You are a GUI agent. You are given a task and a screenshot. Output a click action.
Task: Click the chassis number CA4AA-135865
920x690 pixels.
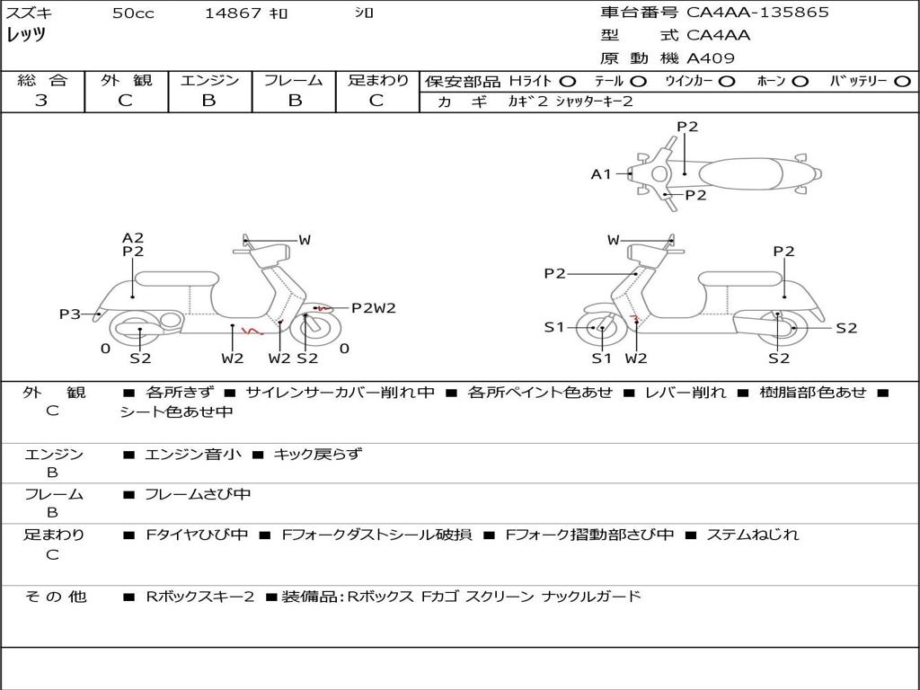757,13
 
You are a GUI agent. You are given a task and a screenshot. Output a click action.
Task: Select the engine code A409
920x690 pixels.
710,58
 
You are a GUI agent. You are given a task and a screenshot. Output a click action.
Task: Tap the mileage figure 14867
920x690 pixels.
233,13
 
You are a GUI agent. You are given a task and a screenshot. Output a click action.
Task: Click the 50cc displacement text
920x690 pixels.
133,13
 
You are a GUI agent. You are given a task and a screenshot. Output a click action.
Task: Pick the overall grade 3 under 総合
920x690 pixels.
41,100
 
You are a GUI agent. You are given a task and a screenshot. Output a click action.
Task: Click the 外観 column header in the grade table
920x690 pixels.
126,80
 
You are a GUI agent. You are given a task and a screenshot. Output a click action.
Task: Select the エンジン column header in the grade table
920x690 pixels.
209,80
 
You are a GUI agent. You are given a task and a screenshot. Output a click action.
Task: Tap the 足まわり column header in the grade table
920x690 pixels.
377,80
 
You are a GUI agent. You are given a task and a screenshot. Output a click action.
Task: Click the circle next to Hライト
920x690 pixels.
568,82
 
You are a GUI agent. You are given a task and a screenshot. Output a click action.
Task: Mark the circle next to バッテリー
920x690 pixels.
902,82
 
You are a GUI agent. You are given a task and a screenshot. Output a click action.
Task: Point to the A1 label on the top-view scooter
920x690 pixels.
601,174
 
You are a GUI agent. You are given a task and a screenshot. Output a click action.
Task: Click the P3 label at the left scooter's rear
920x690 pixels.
69,314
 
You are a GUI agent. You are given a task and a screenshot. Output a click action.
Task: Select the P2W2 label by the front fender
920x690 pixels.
373,308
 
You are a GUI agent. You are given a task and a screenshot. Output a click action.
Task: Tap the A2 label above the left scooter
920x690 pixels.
133,237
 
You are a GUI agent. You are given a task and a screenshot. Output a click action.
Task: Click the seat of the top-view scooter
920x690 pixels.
740,174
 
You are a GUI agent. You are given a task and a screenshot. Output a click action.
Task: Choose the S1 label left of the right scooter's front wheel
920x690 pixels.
553,327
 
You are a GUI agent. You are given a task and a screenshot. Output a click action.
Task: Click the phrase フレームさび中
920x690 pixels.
198,495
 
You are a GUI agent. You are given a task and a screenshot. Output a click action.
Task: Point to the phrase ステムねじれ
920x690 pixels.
752,535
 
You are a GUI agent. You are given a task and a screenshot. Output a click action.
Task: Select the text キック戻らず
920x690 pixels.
317,454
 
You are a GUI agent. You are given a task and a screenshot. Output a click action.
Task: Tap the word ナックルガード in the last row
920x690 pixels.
591,597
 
